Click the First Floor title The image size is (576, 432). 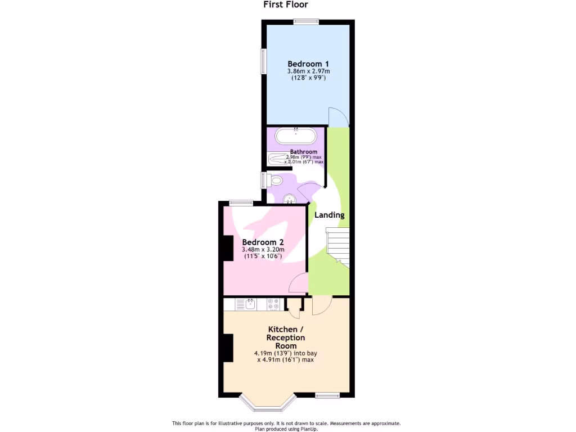pos(286,5)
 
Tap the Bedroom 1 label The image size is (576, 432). pos(308,64)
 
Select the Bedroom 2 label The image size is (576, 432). pos(263,242)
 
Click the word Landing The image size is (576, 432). pos(329,215)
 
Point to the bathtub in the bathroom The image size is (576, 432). pos(296,137)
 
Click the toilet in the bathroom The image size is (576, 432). pos(274,180)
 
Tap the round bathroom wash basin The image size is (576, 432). pos(289,199)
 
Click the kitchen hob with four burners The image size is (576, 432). pos(273,304)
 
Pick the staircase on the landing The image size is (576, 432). pos(338,246)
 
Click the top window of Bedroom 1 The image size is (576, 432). pos(306,22)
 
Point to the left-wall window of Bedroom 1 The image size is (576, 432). pos(263,61)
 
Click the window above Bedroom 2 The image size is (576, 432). pos(240,203)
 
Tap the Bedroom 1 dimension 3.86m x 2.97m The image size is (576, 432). pos(308,71)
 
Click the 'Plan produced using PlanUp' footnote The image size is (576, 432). pos(286,429)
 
